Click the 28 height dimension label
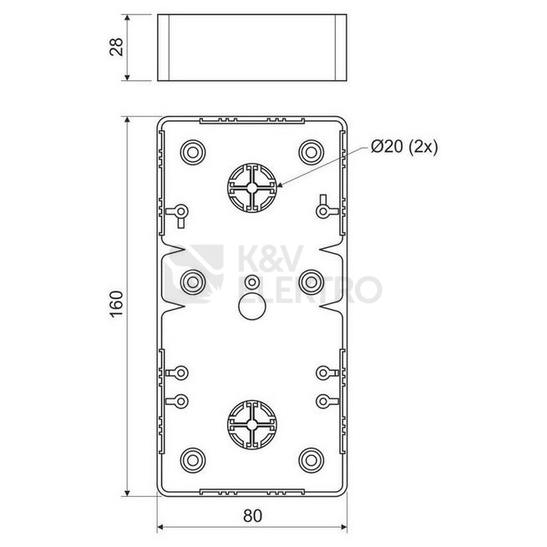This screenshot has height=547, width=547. (x=117, y=47)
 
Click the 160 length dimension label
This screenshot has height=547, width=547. (x=117, y=303)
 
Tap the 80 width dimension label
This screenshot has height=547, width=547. (x=252, y=515)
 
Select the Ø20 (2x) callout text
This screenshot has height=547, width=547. (x=404, y=147)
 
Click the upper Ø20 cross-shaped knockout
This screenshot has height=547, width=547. (x=252, y=188)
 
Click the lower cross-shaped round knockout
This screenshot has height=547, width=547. (x=252, y=424)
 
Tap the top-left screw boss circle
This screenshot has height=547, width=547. (x=193, y=153)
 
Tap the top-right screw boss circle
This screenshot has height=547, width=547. (x=311, y=153)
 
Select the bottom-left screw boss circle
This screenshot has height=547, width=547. (x=193, y=460)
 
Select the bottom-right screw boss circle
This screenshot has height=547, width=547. (x=311, y=460)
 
